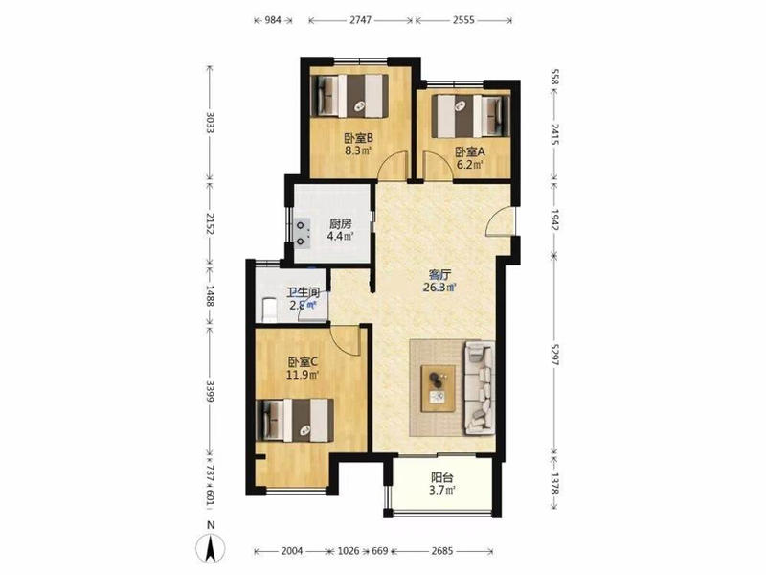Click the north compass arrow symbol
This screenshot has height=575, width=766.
211,548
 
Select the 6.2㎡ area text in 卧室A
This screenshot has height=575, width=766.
470,165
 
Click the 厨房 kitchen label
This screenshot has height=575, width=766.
341,224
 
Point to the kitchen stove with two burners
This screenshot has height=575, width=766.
303,233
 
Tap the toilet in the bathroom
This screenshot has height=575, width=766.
268,310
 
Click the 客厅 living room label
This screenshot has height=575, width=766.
439,274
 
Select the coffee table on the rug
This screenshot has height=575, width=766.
439,388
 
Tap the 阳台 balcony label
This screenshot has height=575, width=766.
442,476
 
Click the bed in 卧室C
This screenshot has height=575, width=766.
295,420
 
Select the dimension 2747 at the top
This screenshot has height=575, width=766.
361,20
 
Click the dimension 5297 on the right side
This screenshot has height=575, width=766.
554,353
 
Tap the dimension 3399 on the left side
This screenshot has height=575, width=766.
210,391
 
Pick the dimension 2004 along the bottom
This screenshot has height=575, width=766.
292,551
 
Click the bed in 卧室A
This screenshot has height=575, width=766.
471,116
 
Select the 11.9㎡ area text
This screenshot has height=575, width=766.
303,375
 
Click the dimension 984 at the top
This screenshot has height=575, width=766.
273,20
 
